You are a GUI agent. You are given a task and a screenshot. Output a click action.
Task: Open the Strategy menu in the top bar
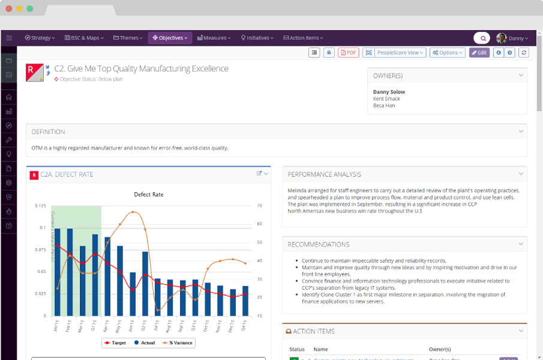(x=40, y=38)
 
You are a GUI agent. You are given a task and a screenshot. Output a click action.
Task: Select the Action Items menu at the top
(x=304, y=38)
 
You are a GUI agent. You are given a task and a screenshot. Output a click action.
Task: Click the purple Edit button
(x=479, y=53)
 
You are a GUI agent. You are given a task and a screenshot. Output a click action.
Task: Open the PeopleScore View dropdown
(x=400, y=53)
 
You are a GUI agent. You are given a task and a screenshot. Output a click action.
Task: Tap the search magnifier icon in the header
(x=483, y=38)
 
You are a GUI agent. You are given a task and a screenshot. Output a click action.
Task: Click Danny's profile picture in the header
(x=501, y=38)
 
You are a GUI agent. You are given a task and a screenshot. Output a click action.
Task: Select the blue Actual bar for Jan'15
(x=58, y=272)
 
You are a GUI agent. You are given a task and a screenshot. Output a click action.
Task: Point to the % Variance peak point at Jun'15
(x=133, y=212)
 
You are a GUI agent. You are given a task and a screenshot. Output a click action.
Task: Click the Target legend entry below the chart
(x=116, y=343)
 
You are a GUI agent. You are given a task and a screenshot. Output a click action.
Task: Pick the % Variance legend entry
(x=178, y=343)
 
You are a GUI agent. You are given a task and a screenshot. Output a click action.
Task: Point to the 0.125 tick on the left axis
(x=41, y=206)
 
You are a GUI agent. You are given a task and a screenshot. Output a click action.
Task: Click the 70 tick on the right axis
(x=259, y=206)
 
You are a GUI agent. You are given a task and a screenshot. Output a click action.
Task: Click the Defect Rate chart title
(x=148, y=194)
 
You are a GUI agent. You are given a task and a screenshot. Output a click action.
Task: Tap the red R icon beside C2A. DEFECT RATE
(x=34, y=175)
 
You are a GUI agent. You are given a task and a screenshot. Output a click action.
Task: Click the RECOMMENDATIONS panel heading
(x=318, y=245)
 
